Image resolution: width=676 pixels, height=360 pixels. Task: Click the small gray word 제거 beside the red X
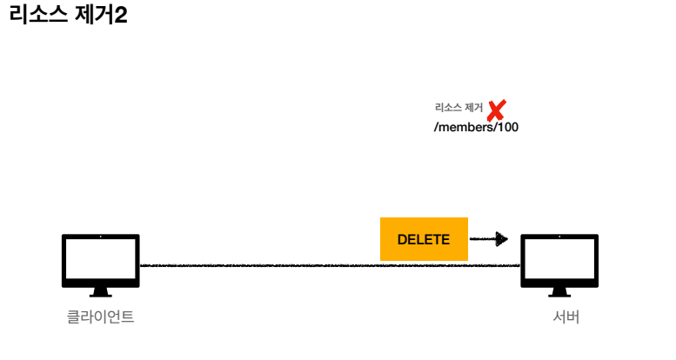[x=474, y=108]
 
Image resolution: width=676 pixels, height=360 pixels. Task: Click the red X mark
[x=497, y=110]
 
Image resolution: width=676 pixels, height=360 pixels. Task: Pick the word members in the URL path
[x=465, y=127]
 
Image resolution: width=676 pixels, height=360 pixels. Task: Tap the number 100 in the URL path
[x=508, y=127]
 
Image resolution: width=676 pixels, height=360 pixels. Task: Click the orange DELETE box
[x=424, y=239]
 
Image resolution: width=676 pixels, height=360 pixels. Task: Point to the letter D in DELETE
[x=402, y=240]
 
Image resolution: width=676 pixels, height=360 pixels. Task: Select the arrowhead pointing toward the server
[x=501, y=238]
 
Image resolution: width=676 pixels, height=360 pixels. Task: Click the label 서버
[x=566, y=317]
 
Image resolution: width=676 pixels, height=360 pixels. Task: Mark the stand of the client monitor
[x=100, y=293]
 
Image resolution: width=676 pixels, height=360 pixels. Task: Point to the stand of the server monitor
[x=559, y=293]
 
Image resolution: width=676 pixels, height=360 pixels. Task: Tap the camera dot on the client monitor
[x=100, y=237]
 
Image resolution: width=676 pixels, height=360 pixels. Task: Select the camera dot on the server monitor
[x=559, y=237]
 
